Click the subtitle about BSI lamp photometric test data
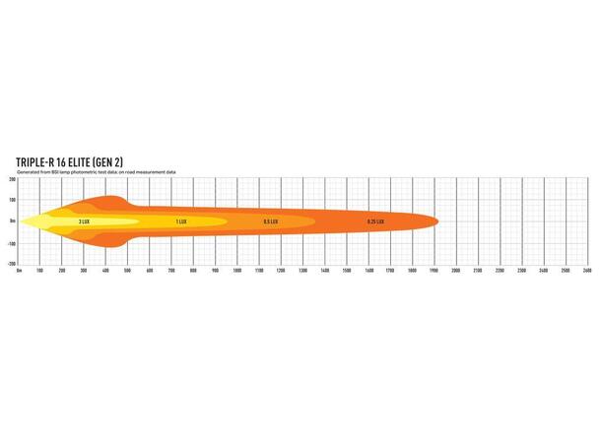[x=96, y=171]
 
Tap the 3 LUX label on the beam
[x=86, y=221]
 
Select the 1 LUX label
[x=181, y=221]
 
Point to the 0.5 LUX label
[x=271, y=221]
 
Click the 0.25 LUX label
[x=375, y=221]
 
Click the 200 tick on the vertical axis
[x=12, y=179]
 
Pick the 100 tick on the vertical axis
[x=12, y=201]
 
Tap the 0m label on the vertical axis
[x=12, y=221]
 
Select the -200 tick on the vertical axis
[x=11, y=264]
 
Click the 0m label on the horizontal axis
[x=19, y=270]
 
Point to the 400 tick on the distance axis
[x=105, y=270]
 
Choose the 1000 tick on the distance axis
[x=237, y=270]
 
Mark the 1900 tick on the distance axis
[x=434, y=270]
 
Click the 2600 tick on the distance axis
[x=587, y=270]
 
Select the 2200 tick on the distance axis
[x=500, y=270]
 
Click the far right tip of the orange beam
[x=438, y=221]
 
